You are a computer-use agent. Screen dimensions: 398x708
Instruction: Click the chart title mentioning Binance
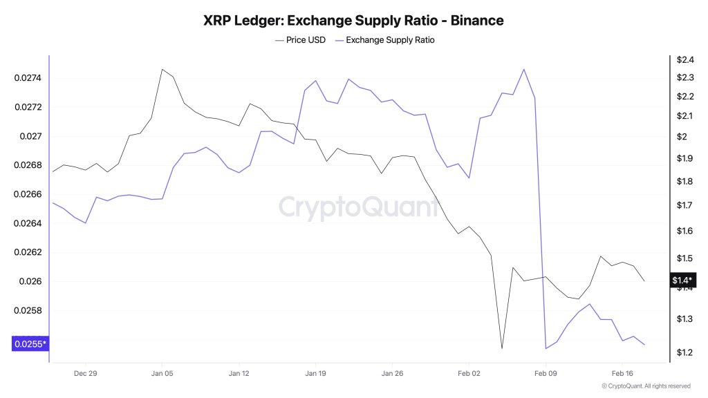point(353,21)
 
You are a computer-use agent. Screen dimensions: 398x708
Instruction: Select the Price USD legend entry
point(301,40)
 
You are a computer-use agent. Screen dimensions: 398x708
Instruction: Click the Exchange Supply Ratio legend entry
point(384,40)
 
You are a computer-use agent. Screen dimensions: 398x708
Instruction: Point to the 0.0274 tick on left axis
point(28,78)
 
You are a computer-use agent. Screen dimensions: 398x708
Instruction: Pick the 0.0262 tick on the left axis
point(28,252)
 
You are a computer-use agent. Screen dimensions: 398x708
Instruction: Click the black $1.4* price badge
point(681,280)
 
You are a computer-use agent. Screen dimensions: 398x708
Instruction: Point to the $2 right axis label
point(681,137)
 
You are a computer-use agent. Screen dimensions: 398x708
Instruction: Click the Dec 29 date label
point(85,373)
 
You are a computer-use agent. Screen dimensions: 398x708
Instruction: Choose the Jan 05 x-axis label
point(162,373)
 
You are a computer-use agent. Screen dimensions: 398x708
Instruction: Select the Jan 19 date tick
point(315,373)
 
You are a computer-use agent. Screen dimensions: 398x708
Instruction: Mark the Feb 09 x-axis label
point(546,373)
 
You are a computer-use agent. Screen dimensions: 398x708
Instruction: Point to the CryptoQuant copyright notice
point(645,386)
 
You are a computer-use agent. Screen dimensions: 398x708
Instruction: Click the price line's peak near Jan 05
point(162,69)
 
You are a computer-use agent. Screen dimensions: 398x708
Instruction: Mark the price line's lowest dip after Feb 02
point(502,348)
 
